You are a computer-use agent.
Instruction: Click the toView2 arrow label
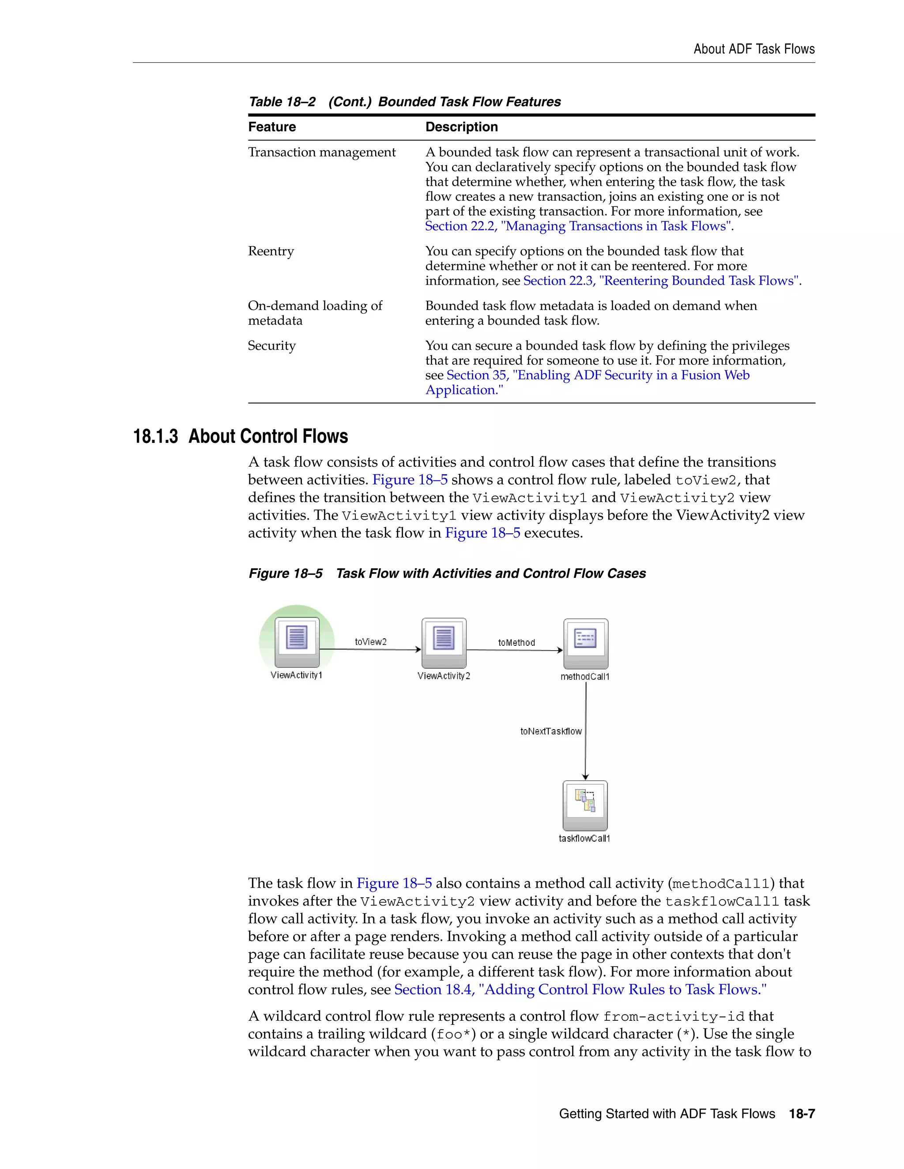point(371,642)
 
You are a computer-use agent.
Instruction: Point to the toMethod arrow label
point(516,642)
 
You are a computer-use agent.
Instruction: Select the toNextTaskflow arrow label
point(550,731)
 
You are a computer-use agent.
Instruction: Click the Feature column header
point(272,127)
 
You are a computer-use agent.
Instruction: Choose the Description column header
point(462,127)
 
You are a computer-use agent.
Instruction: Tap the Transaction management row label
point(322,153)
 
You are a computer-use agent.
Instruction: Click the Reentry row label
point(271,251)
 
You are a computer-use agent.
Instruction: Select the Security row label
point(271,346)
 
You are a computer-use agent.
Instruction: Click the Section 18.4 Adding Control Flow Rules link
point(580,990)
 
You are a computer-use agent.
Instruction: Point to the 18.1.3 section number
point(155,436)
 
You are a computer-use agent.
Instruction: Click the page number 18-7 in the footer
point(802,1114)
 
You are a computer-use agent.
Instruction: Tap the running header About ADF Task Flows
point(754,49)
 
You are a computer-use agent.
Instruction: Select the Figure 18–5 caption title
point(490,573)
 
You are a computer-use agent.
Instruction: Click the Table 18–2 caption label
point(282,102)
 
